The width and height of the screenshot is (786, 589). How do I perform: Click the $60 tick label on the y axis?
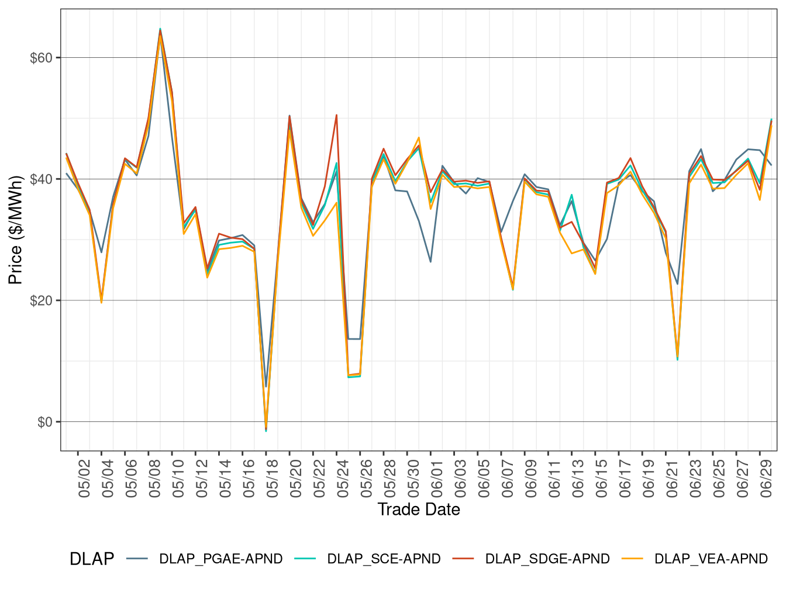(x=41, y=58)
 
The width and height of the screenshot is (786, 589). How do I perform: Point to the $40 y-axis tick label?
(x=41, y=179)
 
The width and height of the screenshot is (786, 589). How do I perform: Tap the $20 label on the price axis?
(x=41, y=301)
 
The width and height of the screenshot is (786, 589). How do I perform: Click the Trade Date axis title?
(x=419, y=510)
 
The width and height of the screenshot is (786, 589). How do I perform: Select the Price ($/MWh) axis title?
(x=16, y=230)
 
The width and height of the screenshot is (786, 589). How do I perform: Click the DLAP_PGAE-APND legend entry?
(x=220, y=559)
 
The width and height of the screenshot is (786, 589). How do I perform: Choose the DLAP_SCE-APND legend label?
(x=384, y=559)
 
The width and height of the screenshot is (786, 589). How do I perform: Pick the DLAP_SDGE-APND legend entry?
(x=547, y=559)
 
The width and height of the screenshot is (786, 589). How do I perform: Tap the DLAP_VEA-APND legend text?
(x=711, y=559)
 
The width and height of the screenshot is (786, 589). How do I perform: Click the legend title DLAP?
(x=91, y=559)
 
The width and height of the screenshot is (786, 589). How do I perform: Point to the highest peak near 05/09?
(x=160, y=29)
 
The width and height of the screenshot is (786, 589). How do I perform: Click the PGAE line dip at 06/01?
(x=430, y=262)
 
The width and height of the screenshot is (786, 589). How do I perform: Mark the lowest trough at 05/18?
(x=266, y=431)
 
